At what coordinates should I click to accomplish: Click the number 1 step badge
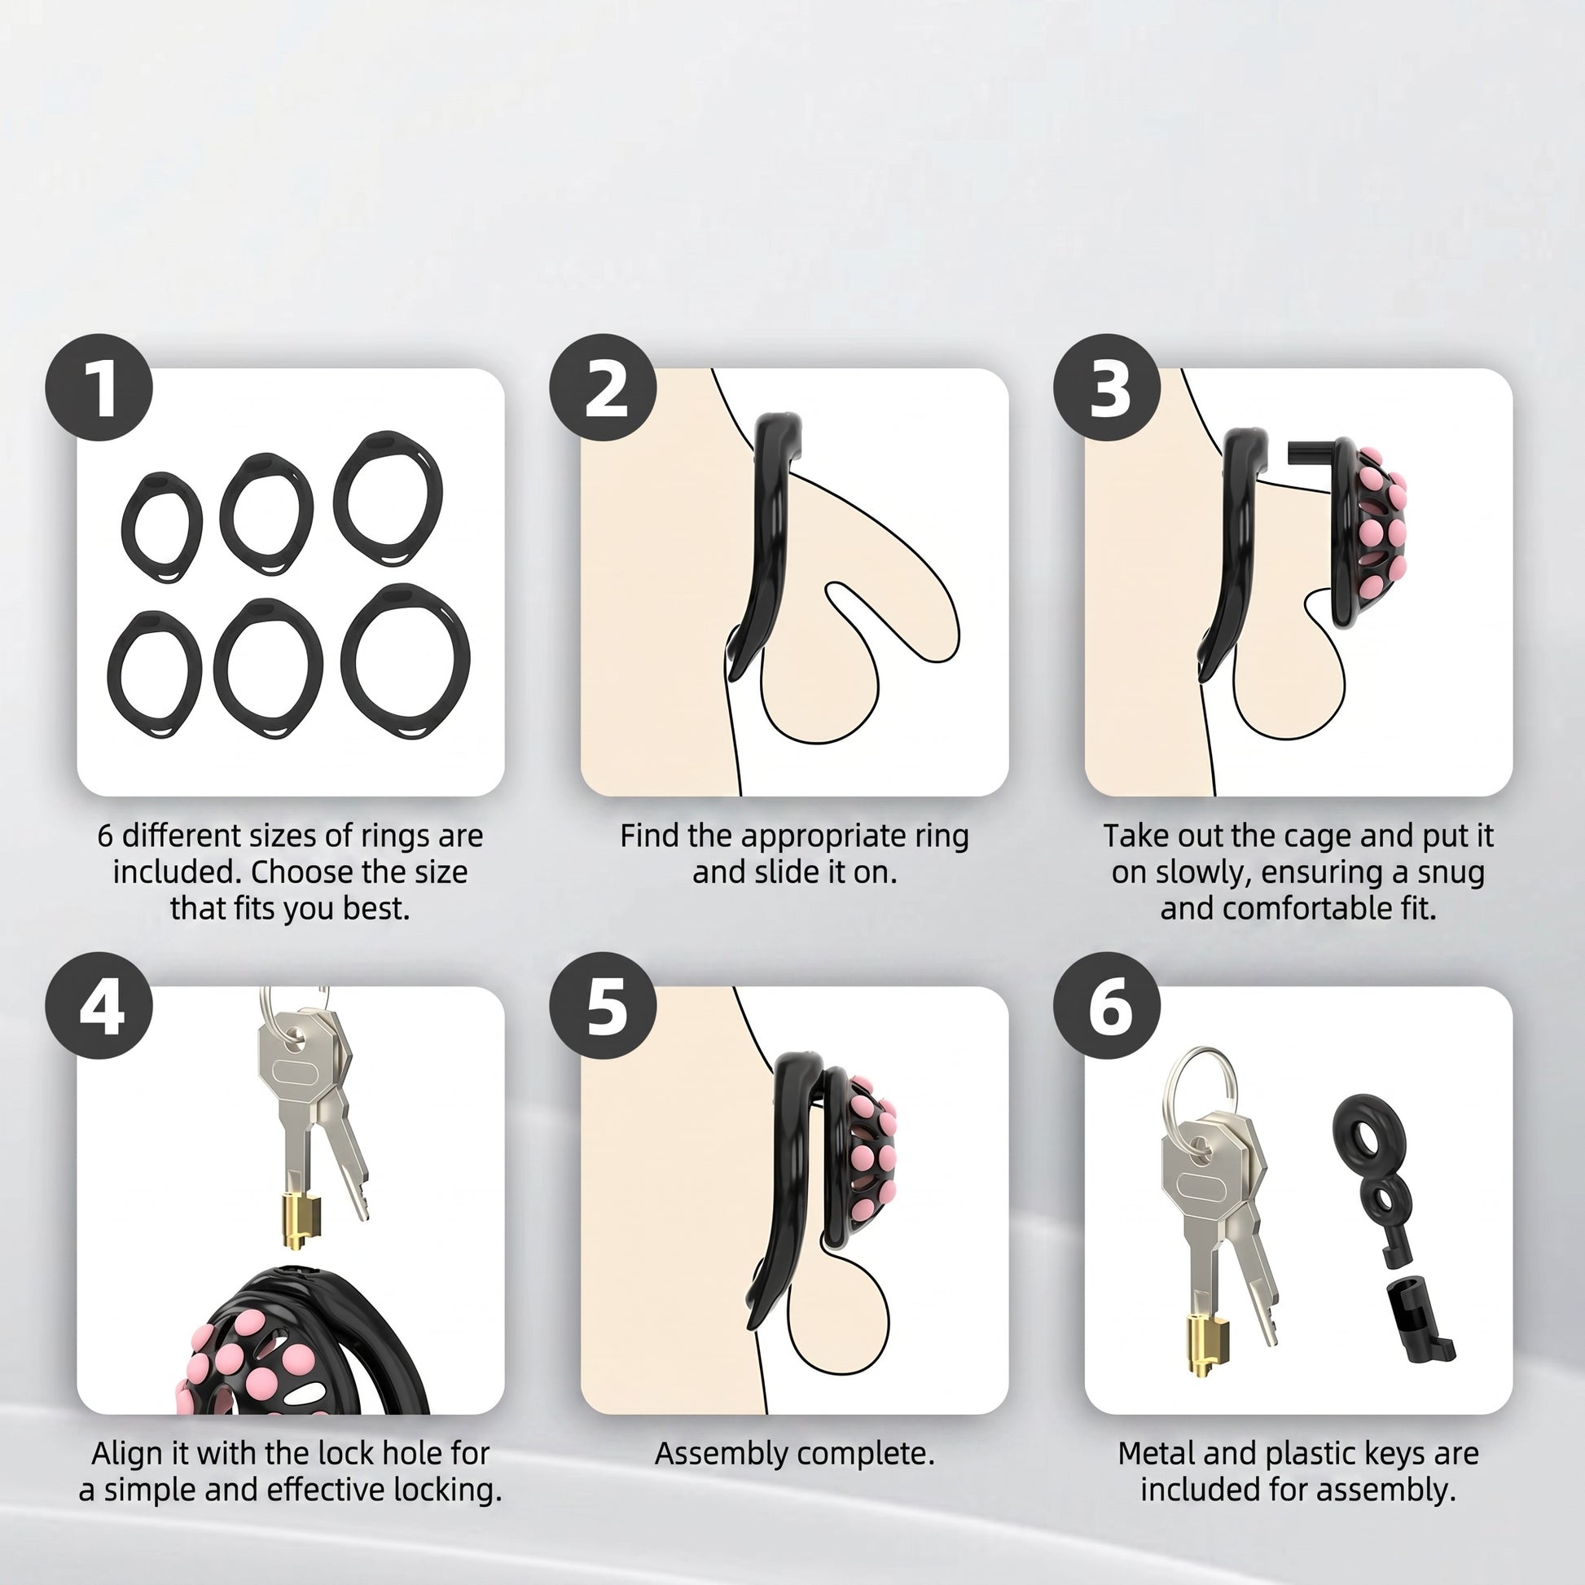[99, 387]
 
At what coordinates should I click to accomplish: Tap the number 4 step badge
[99, 1005]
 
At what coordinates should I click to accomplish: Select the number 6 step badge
[1107, 1005]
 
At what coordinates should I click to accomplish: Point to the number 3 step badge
[1107, 387]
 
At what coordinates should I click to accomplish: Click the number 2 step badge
[603, 387]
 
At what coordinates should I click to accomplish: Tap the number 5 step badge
[603, 1005]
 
